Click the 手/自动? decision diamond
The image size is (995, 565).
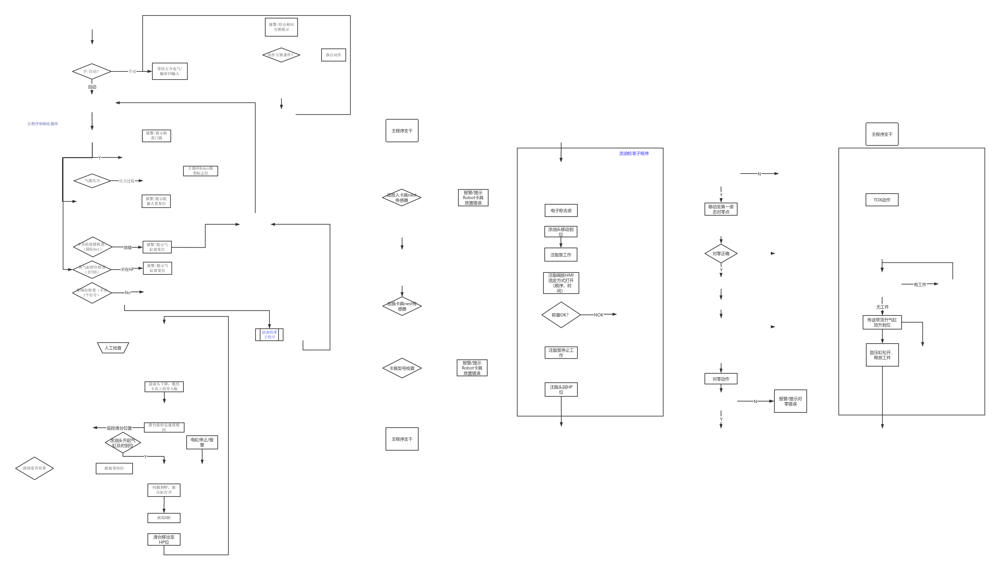(x=92, y=71)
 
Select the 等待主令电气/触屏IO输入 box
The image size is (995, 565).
(x=169, y=71)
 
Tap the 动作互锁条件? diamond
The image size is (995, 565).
(x=281, y=55)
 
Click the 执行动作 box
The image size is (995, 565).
(x=333, y=55)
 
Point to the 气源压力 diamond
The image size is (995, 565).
(x=92, y=181)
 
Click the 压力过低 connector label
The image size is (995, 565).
(x=126, y=181)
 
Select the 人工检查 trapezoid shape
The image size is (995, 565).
(x=113, y=348)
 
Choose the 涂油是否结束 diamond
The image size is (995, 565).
(x=34, y=468)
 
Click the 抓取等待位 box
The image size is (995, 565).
(x=114, y=468)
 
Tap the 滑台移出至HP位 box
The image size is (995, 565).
(x=164, y=539)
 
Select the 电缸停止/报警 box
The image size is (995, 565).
(x=202, y=442)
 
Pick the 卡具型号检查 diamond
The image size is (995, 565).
(x=402, y=368)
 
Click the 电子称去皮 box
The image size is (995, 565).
(x=561, y=210)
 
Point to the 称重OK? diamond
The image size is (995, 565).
(x=561, y=315)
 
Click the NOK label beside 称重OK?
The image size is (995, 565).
(x=598, y=315)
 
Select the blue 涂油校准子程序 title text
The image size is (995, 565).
(x=634, y=154)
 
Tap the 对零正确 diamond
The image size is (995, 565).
(x=721, y=253)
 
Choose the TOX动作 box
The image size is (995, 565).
(x=882, y=200)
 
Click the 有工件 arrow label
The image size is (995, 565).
(x=920, y=284)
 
